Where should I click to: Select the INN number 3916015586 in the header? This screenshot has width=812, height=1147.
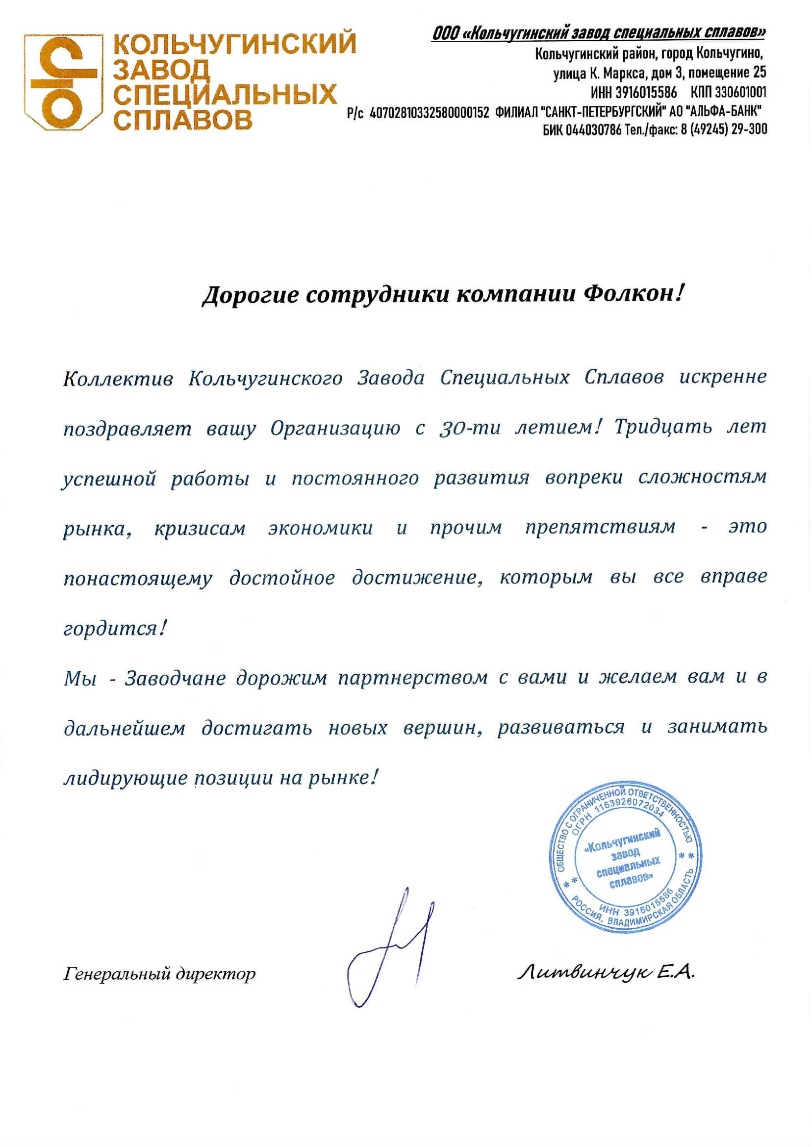coord(648,93)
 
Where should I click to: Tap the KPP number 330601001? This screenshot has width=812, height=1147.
coord(740,93)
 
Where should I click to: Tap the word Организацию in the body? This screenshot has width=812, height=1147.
coord(335,429)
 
